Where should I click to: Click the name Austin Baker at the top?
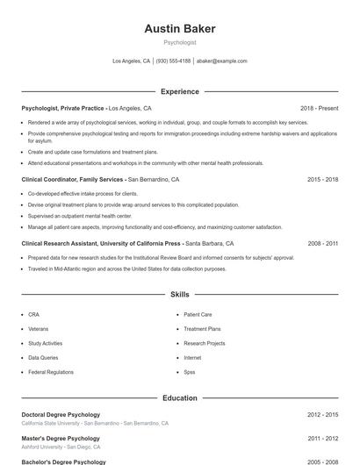coord(180,29)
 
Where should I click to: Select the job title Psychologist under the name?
coord(180,42)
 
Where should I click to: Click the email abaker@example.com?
coord(221,61)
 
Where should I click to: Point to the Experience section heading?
coord(180,91)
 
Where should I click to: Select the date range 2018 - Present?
coord(319,108)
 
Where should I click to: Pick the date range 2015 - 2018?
coord(322,179)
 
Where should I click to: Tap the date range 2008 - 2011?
coord(322,243)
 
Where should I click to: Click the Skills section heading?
coord(180,295)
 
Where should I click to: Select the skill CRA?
coord(33,314)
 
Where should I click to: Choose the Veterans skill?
coord(39,329)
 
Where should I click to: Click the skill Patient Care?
coord(198,314)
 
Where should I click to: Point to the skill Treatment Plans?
coord(202,329)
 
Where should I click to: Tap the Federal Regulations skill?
coord(51,372)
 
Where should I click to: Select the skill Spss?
coord(190,372)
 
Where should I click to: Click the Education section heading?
coord(180,397)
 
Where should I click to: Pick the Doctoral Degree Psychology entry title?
coord(61,414)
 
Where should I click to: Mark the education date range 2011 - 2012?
coord(322,438)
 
